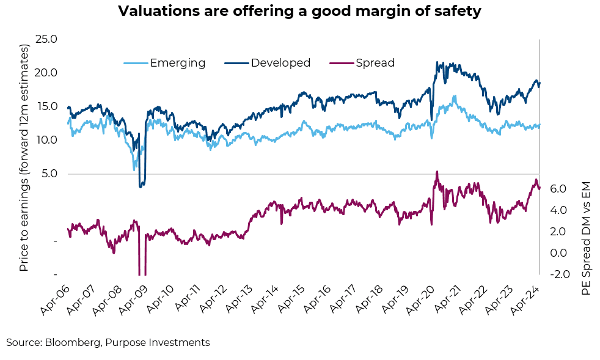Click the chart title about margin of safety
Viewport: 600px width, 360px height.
299,12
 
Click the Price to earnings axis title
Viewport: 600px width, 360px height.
24,158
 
